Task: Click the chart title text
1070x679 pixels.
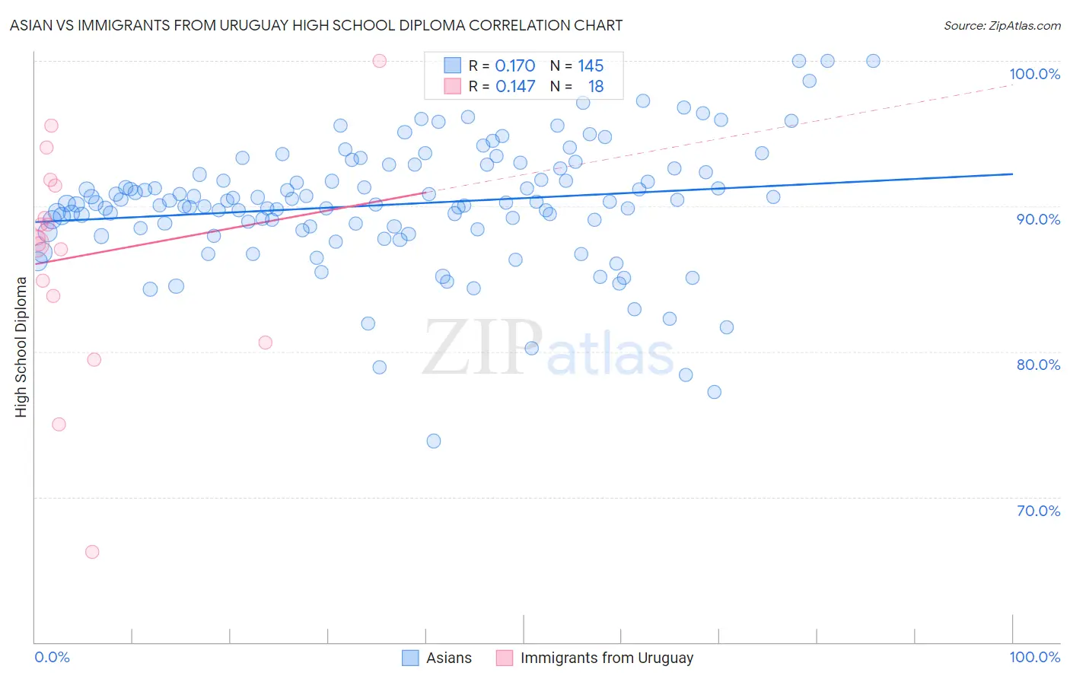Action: (316, 25)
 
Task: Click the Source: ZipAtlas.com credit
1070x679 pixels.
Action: (1002, 25)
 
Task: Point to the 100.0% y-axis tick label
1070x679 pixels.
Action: (1034, 74)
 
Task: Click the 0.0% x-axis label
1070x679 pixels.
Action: (52, 657)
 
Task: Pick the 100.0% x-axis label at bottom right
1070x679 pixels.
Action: (1034, 657)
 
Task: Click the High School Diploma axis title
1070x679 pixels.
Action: (21, 346)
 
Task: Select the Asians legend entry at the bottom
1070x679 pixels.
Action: (448, 658)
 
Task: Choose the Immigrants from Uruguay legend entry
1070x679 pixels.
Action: (607, 658)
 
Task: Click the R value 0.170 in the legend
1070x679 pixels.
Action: (515, 66)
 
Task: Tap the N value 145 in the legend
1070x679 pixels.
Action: (591, 66)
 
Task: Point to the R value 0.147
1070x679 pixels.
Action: (515, 87)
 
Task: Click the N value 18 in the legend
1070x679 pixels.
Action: (596, 87)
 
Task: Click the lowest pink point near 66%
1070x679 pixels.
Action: (92, 552)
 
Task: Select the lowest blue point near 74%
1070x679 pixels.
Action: (434, 441)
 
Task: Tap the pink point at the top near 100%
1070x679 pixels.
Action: (380, 61)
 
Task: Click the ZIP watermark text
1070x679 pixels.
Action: (482, 348)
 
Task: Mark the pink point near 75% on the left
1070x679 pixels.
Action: (59, 424)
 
